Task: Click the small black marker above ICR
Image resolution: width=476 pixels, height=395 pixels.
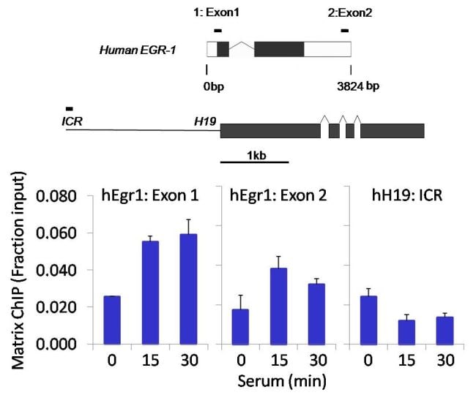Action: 70,108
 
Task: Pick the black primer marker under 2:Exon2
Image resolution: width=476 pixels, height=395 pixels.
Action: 344,30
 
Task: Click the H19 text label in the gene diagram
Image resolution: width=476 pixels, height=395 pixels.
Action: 204,121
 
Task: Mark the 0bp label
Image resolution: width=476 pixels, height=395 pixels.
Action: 213,86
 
